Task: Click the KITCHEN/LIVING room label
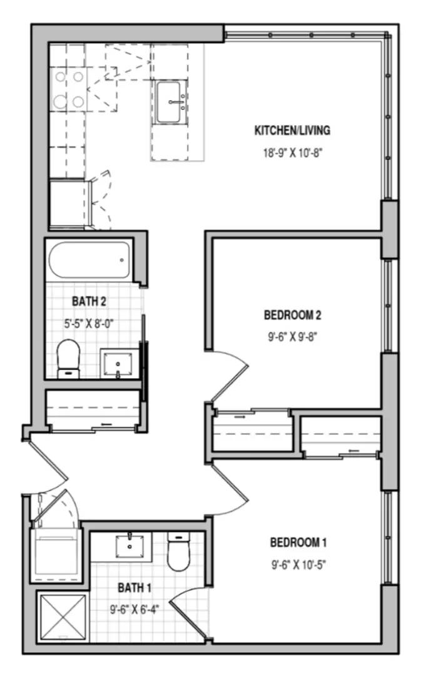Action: point(292,131)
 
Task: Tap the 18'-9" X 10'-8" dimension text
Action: point(292,153)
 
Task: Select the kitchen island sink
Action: point(170,102)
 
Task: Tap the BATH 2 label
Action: point(89,302)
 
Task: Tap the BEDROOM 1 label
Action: point(298,542)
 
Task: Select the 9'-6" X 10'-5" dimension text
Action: point(298,564)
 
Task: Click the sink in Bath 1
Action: point(131,545)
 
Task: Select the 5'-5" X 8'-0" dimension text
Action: point(89,324)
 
